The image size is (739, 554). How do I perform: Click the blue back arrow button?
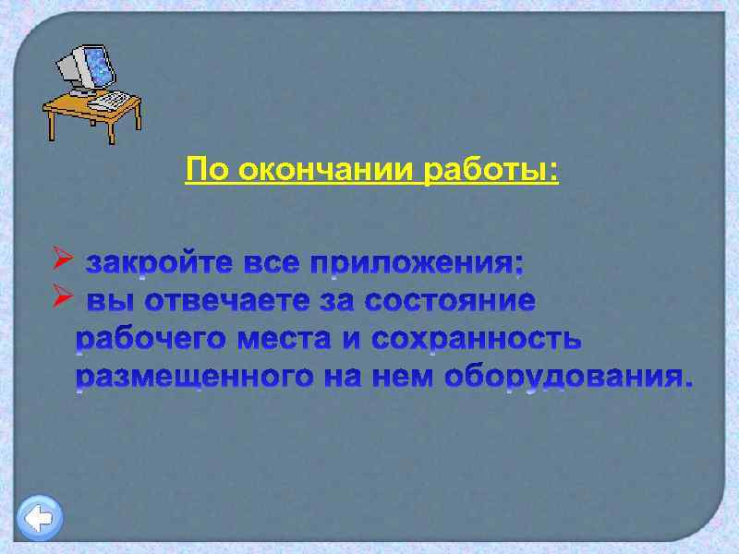pos(40,518)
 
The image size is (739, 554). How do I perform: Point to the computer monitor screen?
pos(96,68)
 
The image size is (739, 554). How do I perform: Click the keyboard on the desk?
pos(110,99)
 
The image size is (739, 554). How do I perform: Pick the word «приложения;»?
pos(417,265)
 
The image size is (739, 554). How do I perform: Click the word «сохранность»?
pos(477,339)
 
